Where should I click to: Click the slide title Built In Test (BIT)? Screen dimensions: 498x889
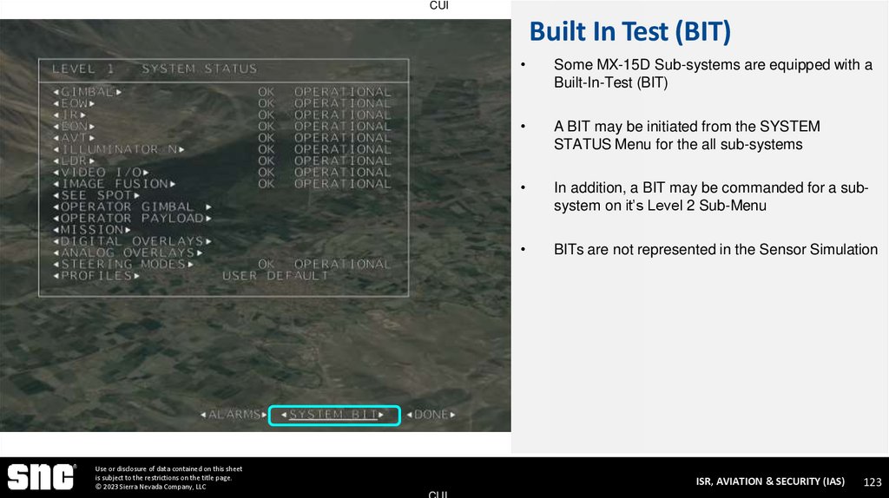tap(629, 32)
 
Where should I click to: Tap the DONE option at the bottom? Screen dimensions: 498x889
tap(431, 415)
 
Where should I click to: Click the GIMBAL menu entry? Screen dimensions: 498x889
tap(87, 91)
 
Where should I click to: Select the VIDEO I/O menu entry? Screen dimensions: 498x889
tap(100, 172)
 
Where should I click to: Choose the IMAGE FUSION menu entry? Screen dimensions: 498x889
tap(114, 184)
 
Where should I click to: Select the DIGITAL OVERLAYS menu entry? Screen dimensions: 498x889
tap(131, 241)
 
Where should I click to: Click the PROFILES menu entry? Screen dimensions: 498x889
tap(95, 276)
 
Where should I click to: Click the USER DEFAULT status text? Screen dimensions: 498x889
tap(275, 276)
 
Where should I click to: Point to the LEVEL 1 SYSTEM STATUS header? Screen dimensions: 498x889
tap(155, 69)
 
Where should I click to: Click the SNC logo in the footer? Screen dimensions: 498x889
tap(41, 477)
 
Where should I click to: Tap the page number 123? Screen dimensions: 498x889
tap(872, 482)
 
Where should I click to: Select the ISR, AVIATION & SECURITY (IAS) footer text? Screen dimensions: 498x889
tap(769, 482)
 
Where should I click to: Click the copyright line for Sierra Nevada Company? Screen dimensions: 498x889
tap(150, 487)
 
